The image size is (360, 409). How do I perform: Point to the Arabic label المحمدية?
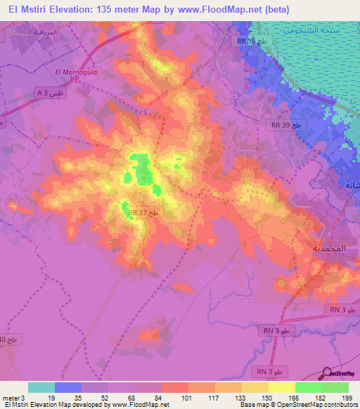329,249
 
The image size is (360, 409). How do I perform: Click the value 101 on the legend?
188,397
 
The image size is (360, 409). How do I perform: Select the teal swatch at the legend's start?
41,387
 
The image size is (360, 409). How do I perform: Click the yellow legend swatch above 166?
281,387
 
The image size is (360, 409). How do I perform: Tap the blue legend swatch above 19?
68,387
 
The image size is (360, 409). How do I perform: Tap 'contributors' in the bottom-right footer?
340,405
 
